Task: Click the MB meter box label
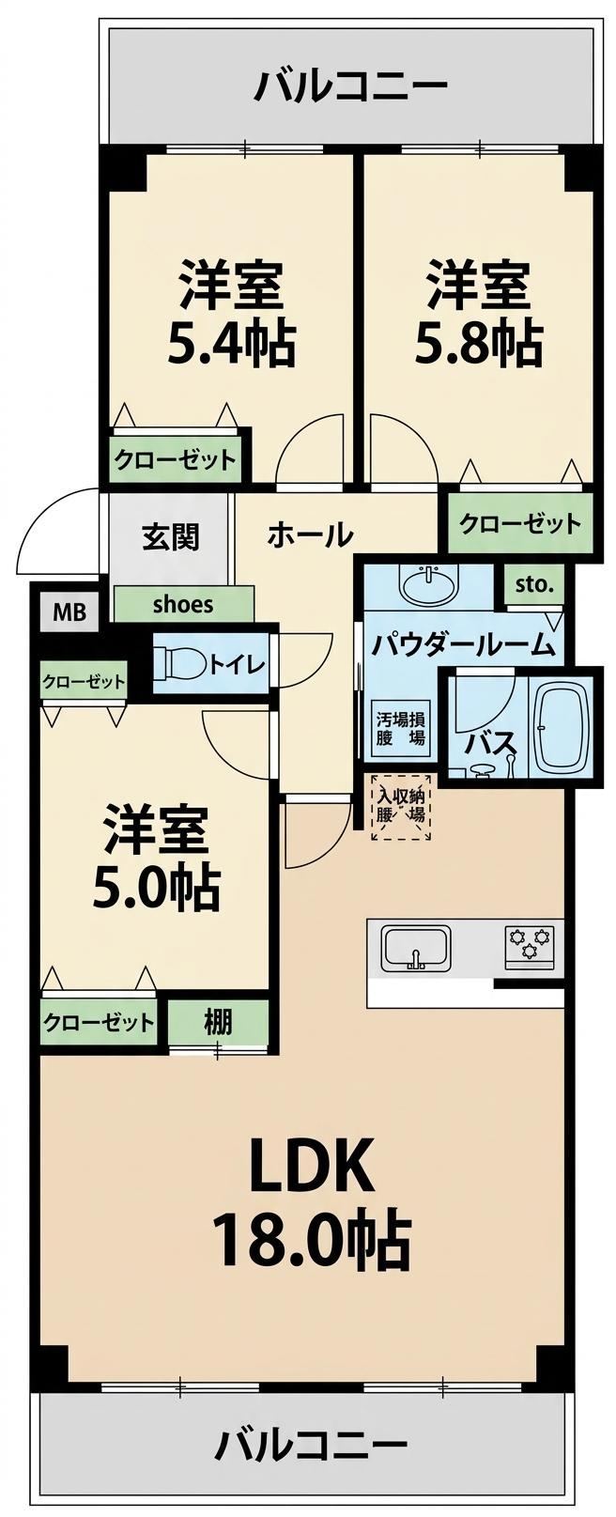pos(69,612)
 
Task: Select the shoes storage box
pos(183,604)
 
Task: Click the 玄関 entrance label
pos(171,537)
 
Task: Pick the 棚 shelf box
pos(218,1021)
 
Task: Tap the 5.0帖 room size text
pos(156,887)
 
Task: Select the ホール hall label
pos(310,535)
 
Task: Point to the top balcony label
pos(350,86)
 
